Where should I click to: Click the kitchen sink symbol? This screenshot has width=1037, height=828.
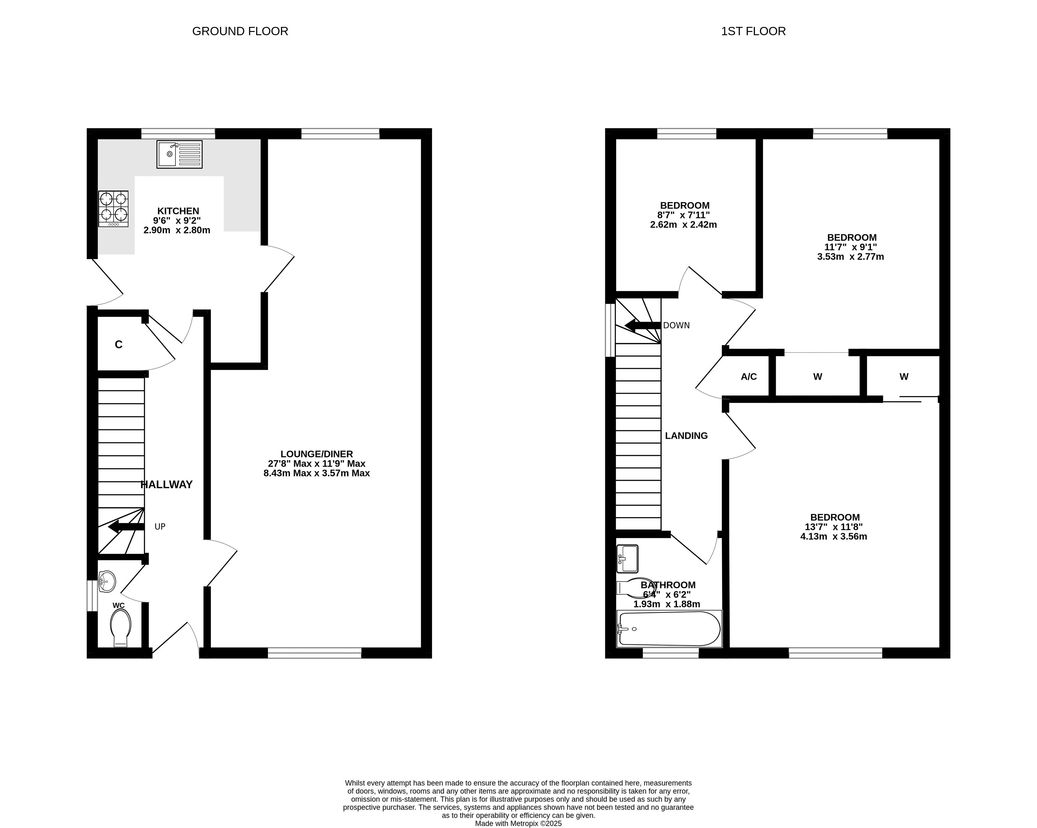click(179, 154)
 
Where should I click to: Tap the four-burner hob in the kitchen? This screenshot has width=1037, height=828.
click(114, 208)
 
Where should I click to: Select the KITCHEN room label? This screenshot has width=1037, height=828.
click(178, 211)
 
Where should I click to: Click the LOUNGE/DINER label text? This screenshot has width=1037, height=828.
click(316, 454)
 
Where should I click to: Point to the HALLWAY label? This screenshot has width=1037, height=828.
click(166, 484)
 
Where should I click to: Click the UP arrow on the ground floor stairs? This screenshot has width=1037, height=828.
click(126, 527)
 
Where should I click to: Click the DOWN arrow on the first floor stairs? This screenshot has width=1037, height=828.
click(643, 326)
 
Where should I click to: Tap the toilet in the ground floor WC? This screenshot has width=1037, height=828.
click(120, 628)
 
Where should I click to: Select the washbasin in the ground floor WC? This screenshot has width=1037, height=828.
click(107, 582)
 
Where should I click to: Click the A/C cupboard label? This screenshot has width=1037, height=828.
click(749, 377)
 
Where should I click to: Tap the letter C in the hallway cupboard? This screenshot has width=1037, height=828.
click(119, 345)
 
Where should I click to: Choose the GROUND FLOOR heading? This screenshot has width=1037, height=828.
click(240, 31)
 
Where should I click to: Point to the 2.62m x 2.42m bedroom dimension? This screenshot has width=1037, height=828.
click(683, 225)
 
